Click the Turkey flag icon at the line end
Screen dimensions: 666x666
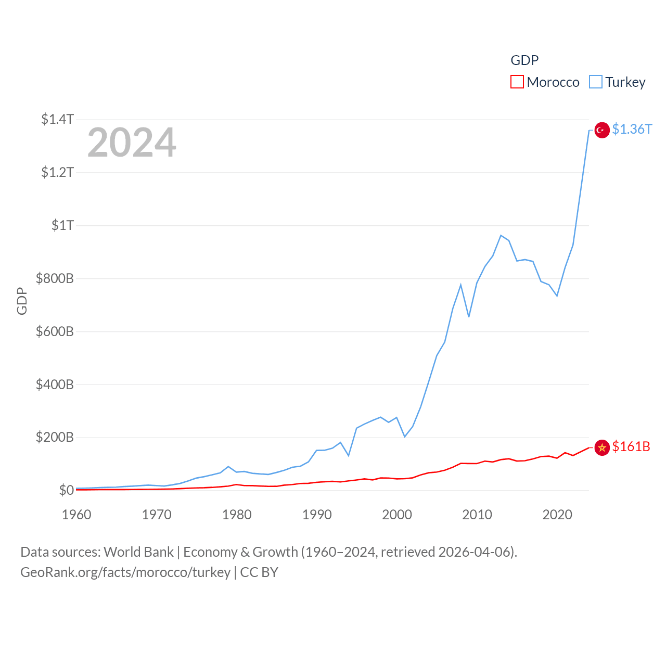click(x=602, y=130)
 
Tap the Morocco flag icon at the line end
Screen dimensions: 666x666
click(x=602, y=447)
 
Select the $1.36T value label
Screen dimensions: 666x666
click(x=632, y=129)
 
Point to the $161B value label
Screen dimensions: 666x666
click(x=631, y=446)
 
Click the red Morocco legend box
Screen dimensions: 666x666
click(x=517, y=82)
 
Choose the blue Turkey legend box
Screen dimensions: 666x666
click(x=595, y=82)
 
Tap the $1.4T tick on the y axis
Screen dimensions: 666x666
click(x=57, y=119)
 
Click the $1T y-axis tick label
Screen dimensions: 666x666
click(x=62, y=225)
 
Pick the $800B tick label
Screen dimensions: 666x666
click(x=55, y=278)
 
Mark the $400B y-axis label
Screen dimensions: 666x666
click(x=55, y=385)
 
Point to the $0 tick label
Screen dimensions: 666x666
click(x=66, y=490)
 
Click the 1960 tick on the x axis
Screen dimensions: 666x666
click(x=76, y=515)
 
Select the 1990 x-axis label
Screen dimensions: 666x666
click(x=317, y=515)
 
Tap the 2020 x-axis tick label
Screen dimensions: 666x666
click(x=557, y=515)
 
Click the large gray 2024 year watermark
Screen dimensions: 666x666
click(x=132, y=143)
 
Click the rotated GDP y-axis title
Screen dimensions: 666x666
click(x=22, y=301)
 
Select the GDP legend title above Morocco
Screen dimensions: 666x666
click(x=524, y=60)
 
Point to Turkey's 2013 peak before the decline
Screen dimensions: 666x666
click(x=501, y=236)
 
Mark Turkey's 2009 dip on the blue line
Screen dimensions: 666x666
click(x=469, y=316)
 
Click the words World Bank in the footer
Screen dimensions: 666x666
click(x=138, y=552)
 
